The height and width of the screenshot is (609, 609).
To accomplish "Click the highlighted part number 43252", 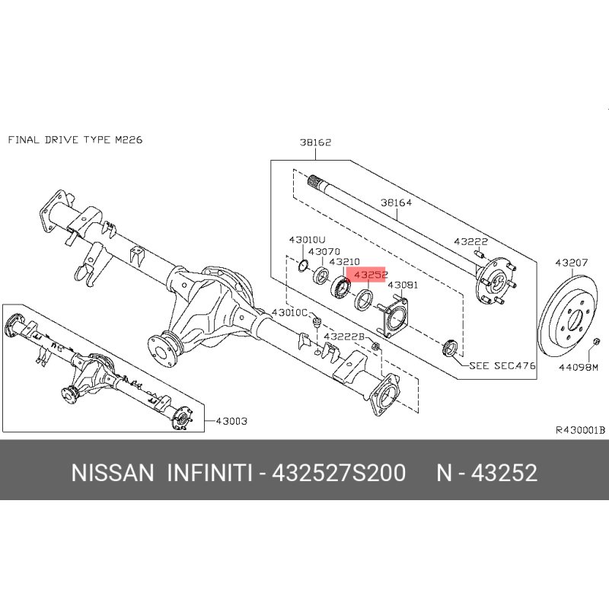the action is tap(371, 275).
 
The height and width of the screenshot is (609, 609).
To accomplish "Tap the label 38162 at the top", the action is tap(315, 142).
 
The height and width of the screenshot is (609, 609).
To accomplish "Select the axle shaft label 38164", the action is tap(396, 202).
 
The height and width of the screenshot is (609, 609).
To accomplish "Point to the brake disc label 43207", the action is tap(572, 263).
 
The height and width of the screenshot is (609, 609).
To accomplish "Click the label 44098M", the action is tap(579, 367).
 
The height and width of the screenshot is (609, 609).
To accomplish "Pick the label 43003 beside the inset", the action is tap(231, 421).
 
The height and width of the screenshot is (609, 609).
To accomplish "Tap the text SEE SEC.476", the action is tap(502, 365).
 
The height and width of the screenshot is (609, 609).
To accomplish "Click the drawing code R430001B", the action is tap(580, 430).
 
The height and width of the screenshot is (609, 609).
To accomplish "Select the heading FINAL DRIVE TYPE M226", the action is tap(75, 139).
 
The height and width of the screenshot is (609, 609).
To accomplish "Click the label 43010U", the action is tap(308, 240).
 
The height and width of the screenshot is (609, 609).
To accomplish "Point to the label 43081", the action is tap(403, 285).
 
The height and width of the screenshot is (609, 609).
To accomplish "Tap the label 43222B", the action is tap(344, 336).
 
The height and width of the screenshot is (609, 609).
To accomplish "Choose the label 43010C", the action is tap(290, 312).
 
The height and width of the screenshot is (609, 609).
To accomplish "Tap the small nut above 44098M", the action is tap(597, 341).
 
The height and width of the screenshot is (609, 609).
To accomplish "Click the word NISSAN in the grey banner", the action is tap(113, 473).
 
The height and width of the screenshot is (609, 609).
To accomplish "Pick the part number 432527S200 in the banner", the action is tap(339, 473).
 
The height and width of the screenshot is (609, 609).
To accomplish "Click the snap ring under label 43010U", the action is tap(303, 266).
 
